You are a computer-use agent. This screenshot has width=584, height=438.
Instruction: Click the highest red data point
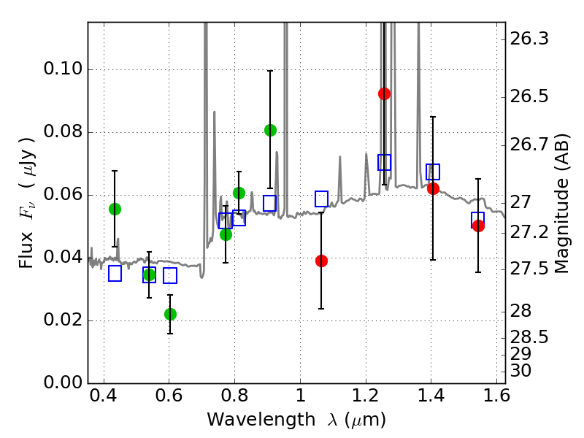[x=384, y=94]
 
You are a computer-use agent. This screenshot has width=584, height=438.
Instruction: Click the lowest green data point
[x=170, y=315]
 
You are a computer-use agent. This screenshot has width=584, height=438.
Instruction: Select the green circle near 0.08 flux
[x=270, y=131]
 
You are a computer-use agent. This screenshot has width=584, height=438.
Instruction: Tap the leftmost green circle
[x=115, y=210]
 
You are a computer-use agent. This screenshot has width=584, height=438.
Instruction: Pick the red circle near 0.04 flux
[x=321, y=261]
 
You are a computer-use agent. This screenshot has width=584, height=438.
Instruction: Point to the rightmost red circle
[x=478, y=226]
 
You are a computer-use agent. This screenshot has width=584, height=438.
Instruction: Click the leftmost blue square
[x=115, y=274]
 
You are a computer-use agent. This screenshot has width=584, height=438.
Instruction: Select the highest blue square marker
[x=384, y=162]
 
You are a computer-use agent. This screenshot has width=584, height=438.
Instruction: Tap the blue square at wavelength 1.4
[x=433, y=172]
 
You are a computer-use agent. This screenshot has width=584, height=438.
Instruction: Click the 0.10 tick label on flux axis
[x=63, y=69]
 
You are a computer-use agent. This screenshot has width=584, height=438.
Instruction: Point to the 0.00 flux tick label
[x=63, y=383]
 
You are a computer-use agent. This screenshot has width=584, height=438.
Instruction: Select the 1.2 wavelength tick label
[x=366, y=396]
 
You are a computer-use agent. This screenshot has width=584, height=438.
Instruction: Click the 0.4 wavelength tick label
[x=104, y=396]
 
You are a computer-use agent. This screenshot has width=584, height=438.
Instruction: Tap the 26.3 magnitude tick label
[x=529, y=39]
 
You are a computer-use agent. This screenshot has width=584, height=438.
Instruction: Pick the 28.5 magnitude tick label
[x=529, y=337]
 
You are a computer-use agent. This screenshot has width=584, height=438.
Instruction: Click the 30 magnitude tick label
[x=520, y=371]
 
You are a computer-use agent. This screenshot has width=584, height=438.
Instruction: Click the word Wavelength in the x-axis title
[x=261, y=420]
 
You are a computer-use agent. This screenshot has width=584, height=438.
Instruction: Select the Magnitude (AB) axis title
[x=561, y=204]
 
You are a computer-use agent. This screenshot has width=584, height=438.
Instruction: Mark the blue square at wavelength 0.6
[x=170, y=276]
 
